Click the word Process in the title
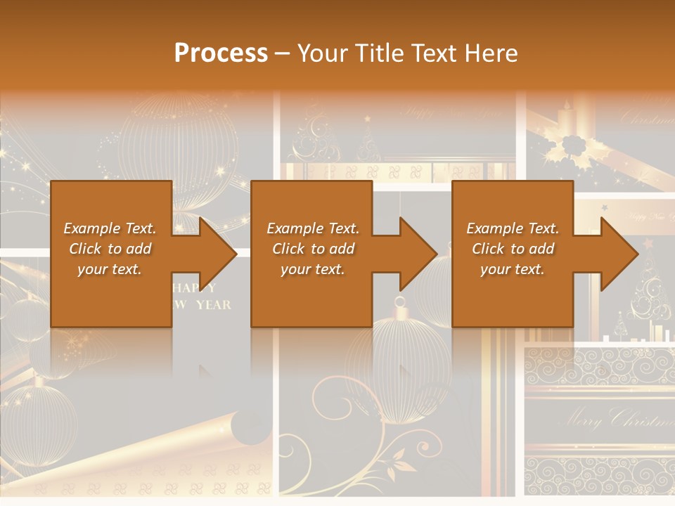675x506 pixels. tap(221, 53)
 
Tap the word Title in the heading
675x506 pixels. tap(394, 53)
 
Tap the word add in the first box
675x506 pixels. tap(139, 249)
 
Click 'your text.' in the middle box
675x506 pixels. tap(312, 269)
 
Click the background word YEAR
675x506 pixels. tap(213, 305)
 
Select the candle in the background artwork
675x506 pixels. tap(564, 119)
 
